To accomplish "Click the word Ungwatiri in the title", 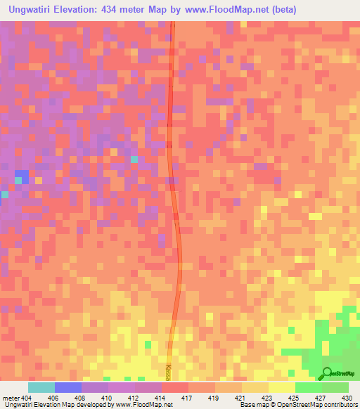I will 34,10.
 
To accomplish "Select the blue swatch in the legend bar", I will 67,387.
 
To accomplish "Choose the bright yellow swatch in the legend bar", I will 281,387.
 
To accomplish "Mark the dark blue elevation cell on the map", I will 22,176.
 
